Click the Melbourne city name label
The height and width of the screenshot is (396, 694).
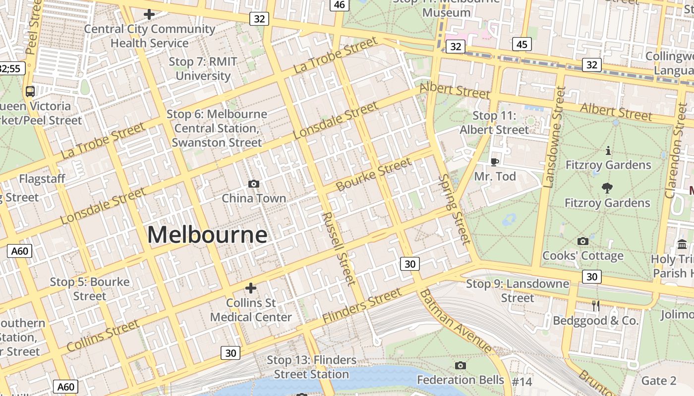pyautogui.click(x=207, y=234)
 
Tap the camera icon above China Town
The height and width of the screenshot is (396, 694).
pyautogui.click(x=254, y=184)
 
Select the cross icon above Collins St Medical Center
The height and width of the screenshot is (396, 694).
pyautogui.click(x=251, y=288)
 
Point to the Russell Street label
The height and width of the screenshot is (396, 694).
pyautogui.click(x=339, y=248)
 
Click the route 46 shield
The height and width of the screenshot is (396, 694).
pyautogui.click(x=340, y=4)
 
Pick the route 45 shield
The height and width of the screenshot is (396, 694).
pyautogui.click(x=521, y=45)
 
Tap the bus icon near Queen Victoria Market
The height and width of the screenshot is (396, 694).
pyautogui.click(x=30, y=91)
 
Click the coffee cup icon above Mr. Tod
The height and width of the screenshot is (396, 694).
pyautogui.click(x=494, y=162)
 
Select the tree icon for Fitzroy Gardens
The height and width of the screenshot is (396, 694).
pyautogui.click(x=607, y=188)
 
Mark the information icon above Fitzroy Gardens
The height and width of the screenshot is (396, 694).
pyautogui.click(x=608, y=150)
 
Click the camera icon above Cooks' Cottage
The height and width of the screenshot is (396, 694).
pyautogui.click(x=583, y=241)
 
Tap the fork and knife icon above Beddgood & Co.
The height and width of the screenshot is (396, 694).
pyautogui.click(x=596, y=306)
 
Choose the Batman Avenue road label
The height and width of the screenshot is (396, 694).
pyautogui.click(x=456, y=321)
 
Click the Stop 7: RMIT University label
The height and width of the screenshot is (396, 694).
pyautogui.click(x=203, y=69)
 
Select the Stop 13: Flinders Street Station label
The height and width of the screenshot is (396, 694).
pyautogui.click(x=312, y=367)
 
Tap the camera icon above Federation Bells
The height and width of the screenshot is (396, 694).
pyautogui.click(x=461, y=365)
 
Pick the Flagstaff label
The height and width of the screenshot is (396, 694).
pyautogui.click(x=42, y=179)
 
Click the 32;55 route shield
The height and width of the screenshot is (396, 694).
pyautogui.click(x=11, y=68)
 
